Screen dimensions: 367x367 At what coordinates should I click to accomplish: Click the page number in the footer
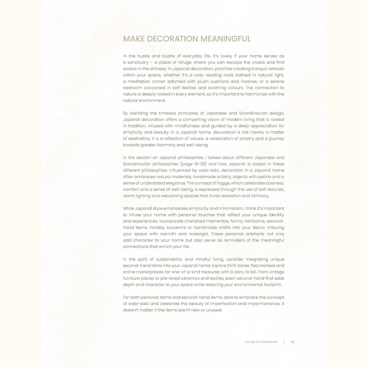[x=292, y=342]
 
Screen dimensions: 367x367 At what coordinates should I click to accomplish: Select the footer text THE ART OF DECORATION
[x=261, y=342]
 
